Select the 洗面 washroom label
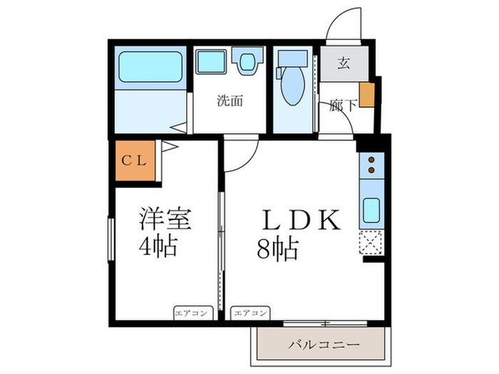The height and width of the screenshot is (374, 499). [x=230, y=101]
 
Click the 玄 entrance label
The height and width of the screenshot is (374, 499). [x=343, y=63]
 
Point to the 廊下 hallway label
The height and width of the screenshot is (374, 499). [x=343, y=107]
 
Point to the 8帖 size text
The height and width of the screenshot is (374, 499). [x=277, y=249]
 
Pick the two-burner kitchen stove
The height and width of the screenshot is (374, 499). [x=371, y=166]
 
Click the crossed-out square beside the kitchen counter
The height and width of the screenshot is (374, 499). [x=371, y=242]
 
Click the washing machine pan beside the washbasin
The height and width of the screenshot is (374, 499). [x=247, y=62]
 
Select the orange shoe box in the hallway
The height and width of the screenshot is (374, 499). [x=367, y=95]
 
